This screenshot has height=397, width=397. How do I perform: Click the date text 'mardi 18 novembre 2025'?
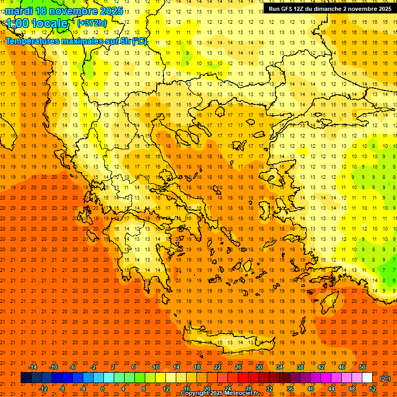pyautogui.click(x=64, y=11)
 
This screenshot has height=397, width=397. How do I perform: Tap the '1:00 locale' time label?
pyautogui.click(x=37, y=23)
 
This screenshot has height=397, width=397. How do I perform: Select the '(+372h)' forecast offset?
pyautogui.click(x=92, y=23)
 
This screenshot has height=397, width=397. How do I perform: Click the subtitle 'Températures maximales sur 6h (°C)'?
pyautogui.click(x=77, y=41)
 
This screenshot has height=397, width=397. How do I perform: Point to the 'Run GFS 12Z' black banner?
pyautogui.click(x=330, y=9)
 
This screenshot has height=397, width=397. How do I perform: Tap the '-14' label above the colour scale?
pyautogui.click(x=33, y=367)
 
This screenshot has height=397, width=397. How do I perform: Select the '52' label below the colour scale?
pyautogui.click(x=373, y=388)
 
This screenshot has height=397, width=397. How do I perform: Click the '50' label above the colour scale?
pyautogui.click(x=362, y=367)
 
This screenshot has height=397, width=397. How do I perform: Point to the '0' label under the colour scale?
pyautogui.click(x=102, y=388)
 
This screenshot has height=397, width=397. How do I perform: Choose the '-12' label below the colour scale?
pyautogui.click(x=43, y=388)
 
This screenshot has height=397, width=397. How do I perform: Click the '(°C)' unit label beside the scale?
pyautogui.click(x=385, y=378)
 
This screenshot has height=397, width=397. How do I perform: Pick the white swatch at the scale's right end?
pyautogui.click(x=367, y=378)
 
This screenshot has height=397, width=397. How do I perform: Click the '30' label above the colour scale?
pyautogui.click(x=258, y=367)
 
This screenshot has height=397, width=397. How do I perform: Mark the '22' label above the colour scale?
pyautogui.click(x=217, y=367)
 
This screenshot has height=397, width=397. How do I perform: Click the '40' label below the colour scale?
pyautogui.click(x=310, y=388)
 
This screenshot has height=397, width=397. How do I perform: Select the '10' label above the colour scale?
pyautogui.click(x=155, y=367)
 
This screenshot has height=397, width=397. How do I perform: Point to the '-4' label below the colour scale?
pyautogui.click(x=83, y=388)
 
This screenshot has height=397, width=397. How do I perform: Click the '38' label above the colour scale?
pyautogui.click(x=300, y=367)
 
